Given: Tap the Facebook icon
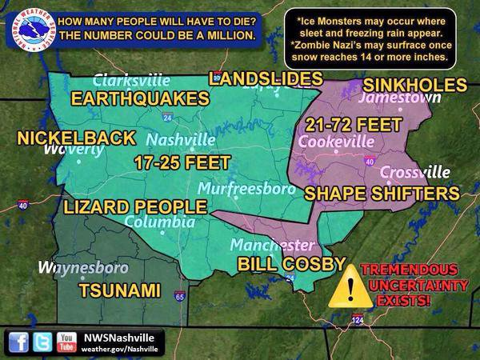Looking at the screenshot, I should pyautogui.click(x=18, y=342).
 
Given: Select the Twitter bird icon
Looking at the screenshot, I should pyautogui.click(x=42, y=342).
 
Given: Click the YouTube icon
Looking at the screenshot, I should pyautogui.click(x=66, y=342).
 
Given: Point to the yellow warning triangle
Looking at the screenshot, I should pyautogui.click(x=350, y=286).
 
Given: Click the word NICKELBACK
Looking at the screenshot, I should pyautogui.click(x=77, y=138).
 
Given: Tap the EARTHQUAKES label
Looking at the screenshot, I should pyautogui.click(x=140, y=98).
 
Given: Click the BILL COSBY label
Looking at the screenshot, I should pyautogui.click(x=291, y=264).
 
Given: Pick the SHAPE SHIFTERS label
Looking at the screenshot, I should pyautogui.click(x=382, y=194).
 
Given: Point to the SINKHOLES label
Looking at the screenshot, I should pyautogui.click(x=415, y=85).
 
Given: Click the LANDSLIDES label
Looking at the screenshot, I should pyautogui.click(x=266, y=78).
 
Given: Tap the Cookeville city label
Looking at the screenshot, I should pyautogui.click(x=336, y=142).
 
